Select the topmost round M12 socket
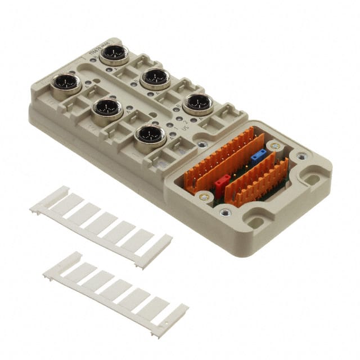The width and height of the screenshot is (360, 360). coord(114,55)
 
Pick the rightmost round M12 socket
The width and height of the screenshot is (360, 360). coord(197,104)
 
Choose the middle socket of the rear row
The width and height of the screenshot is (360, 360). coord(156,78)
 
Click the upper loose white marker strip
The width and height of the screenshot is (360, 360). coord(101,225)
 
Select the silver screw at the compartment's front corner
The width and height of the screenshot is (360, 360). coord(226,212)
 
